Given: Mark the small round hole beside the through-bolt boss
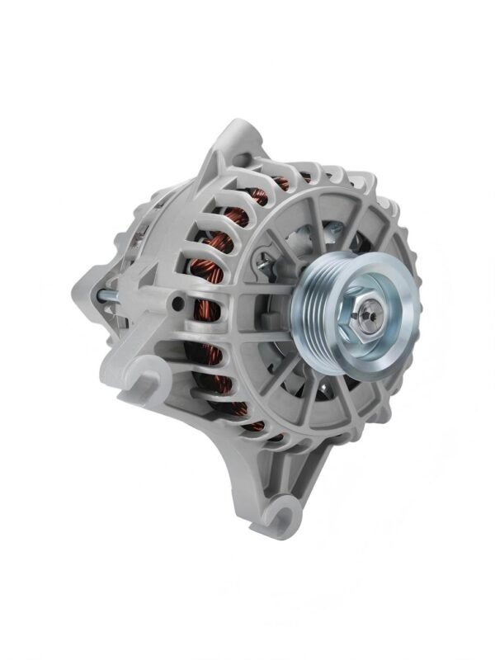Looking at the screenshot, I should (177, 305).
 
